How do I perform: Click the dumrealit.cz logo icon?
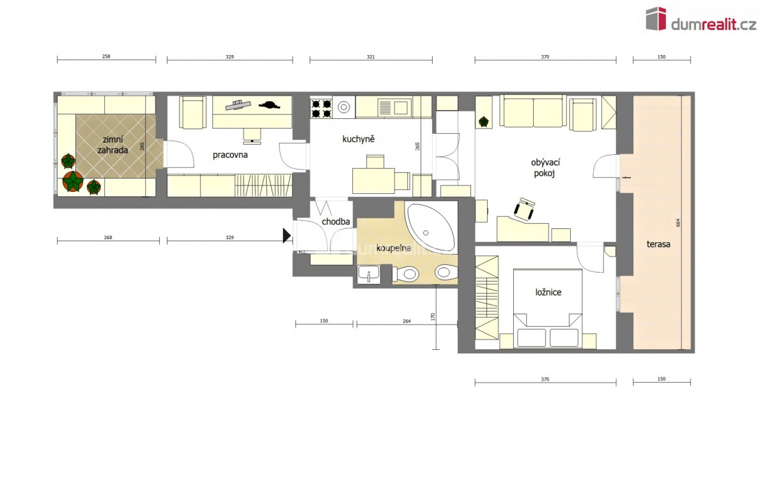point(656,19)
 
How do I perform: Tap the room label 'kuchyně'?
point(358,139)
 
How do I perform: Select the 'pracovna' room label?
point(230,155)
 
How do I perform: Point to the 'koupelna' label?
point(394,248)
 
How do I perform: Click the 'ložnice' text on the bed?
point(548,292)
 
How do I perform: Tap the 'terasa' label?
point(658,244)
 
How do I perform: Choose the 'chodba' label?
point(336,221)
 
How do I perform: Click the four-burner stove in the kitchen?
point(321,108)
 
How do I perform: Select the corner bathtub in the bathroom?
point(431,227)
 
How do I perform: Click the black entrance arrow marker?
point(286,235)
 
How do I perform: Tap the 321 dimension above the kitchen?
point(371,57)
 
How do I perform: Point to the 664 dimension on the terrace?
point(678,223)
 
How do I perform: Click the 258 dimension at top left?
point(106,56)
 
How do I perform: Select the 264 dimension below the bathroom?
point(407,321)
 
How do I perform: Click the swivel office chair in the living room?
point(524,209)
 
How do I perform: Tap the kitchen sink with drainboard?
point(394,107)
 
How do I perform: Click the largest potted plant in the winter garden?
point(73,181)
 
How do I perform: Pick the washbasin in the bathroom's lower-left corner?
point(369,274)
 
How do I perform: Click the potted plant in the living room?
point(483,122)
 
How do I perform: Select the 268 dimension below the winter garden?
point(108,237)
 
